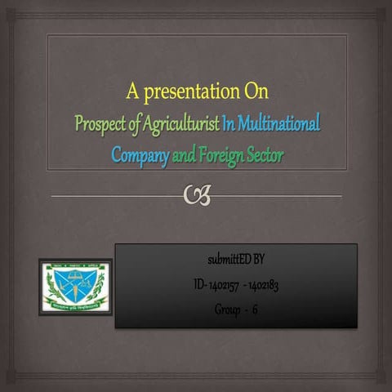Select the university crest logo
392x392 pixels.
click(75, 286)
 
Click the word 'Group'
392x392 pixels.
click(226, 310)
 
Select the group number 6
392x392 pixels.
click(256, 310)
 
